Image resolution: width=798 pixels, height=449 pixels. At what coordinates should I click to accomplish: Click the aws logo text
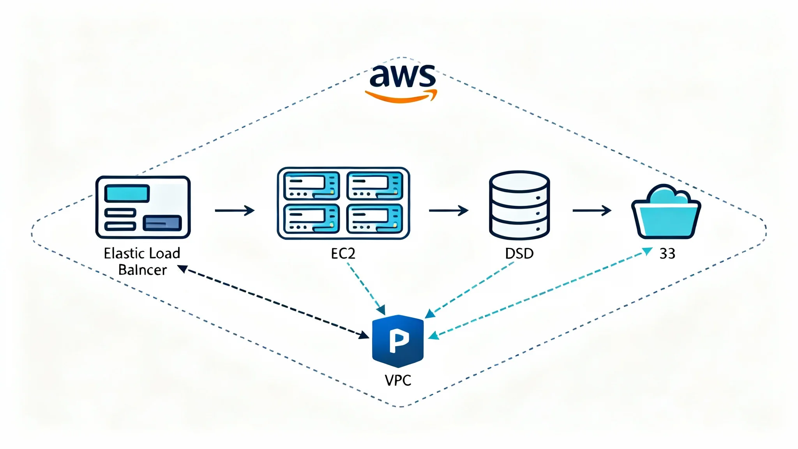(x=402, y=76)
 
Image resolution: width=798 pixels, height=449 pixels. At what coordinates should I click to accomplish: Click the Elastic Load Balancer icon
(x=143, y=207)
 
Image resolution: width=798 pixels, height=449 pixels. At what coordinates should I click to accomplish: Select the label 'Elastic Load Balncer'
(x=142, y=262)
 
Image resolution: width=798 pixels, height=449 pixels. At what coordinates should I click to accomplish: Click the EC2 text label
(x=343, y=254)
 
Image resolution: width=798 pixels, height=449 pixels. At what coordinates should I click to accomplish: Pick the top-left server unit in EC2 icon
(x=311, y=186)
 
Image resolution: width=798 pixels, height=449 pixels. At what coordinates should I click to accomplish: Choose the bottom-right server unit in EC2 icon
(x=375, y=219)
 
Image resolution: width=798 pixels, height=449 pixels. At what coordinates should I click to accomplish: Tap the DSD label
(x=519, y=254)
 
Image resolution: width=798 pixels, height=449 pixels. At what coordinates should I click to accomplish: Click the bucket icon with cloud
(x=666, y=212)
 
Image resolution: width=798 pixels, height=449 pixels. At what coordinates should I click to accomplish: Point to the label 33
(x=667, y=254)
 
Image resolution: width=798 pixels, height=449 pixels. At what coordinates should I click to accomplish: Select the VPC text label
(x=398, y=380)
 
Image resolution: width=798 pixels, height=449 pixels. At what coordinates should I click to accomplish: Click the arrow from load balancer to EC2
(x=235, y=210)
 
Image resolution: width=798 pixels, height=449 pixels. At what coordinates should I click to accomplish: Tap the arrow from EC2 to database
(x=448, y=210)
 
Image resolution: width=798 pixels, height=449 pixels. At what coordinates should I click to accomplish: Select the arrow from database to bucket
(x=592, y=210)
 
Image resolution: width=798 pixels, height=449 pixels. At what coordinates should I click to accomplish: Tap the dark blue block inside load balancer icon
(x=162, y=223)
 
